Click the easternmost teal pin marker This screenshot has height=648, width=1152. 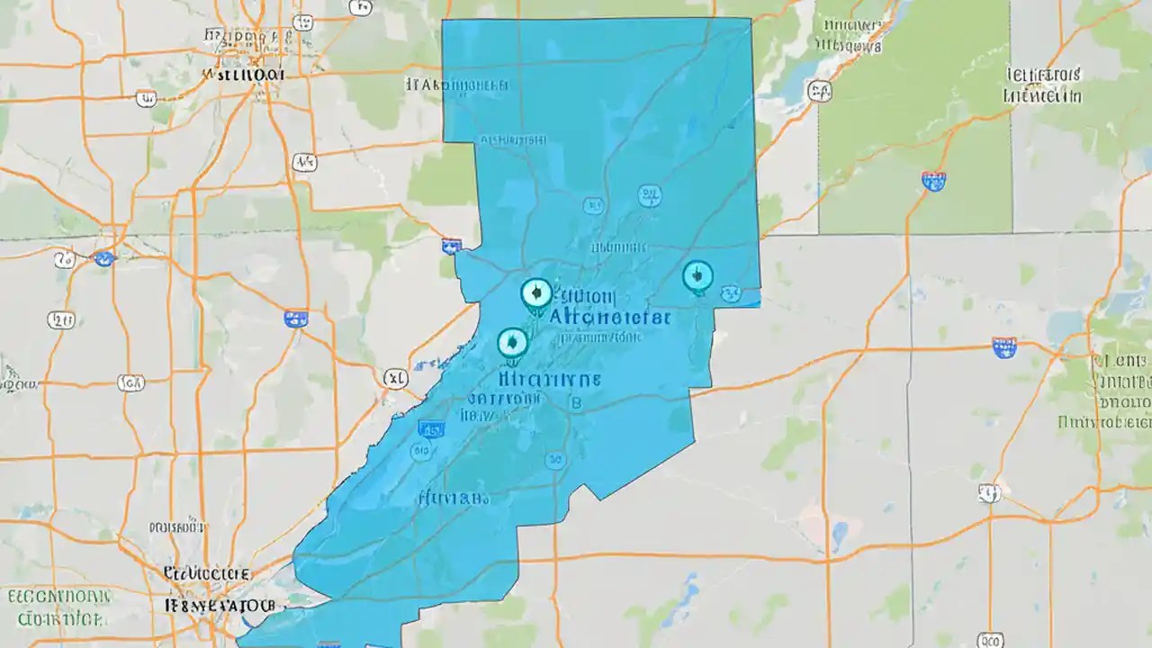click(697, 276)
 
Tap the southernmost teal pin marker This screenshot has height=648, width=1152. click(512, 342)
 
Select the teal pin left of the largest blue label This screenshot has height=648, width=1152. click(535, 293)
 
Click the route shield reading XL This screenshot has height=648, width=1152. click(394, 379)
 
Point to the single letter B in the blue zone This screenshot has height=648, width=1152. click(577, 404)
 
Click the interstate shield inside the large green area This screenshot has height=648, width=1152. click(934, 180)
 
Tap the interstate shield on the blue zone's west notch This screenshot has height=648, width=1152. click(452, 245)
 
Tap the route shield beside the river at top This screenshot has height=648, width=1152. click(819, 89)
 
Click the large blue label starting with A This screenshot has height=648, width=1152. click(607, 317)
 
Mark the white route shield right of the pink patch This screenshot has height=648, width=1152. click(989, 492)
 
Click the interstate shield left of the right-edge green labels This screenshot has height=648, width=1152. click(1003, 346)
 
